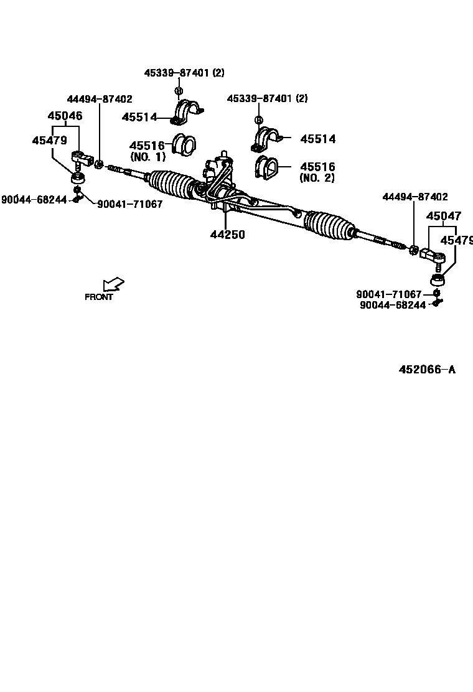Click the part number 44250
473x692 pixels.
coord(227,235)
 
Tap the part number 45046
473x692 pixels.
coord(65,116)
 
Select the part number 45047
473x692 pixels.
coord(444,216)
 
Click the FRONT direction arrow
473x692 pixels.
coord(113,285)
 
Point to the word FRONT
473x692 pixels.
coord(99,297)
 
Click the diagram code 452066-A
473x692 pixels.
coord(427,370)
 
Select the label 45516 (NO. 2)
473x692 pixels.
coord(317,172)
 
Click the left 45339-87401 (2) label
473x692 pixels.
coord(184,73)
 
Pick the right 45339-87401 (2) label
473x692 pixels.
coord(267,98)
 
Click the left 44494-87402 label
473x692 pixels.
coord(100,99)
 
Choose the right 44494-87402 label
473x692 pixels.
coord(414,197)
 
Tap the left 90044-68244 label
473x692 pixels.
coord(34,200)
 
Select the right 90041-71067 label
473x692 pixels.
coord(389,294)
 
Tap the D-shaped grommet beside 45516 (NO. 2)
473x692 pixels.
coord(267,169)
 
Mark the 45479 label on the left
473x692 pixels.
coord(50,141)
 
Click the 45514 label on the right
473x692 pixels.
coord(317,139)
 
